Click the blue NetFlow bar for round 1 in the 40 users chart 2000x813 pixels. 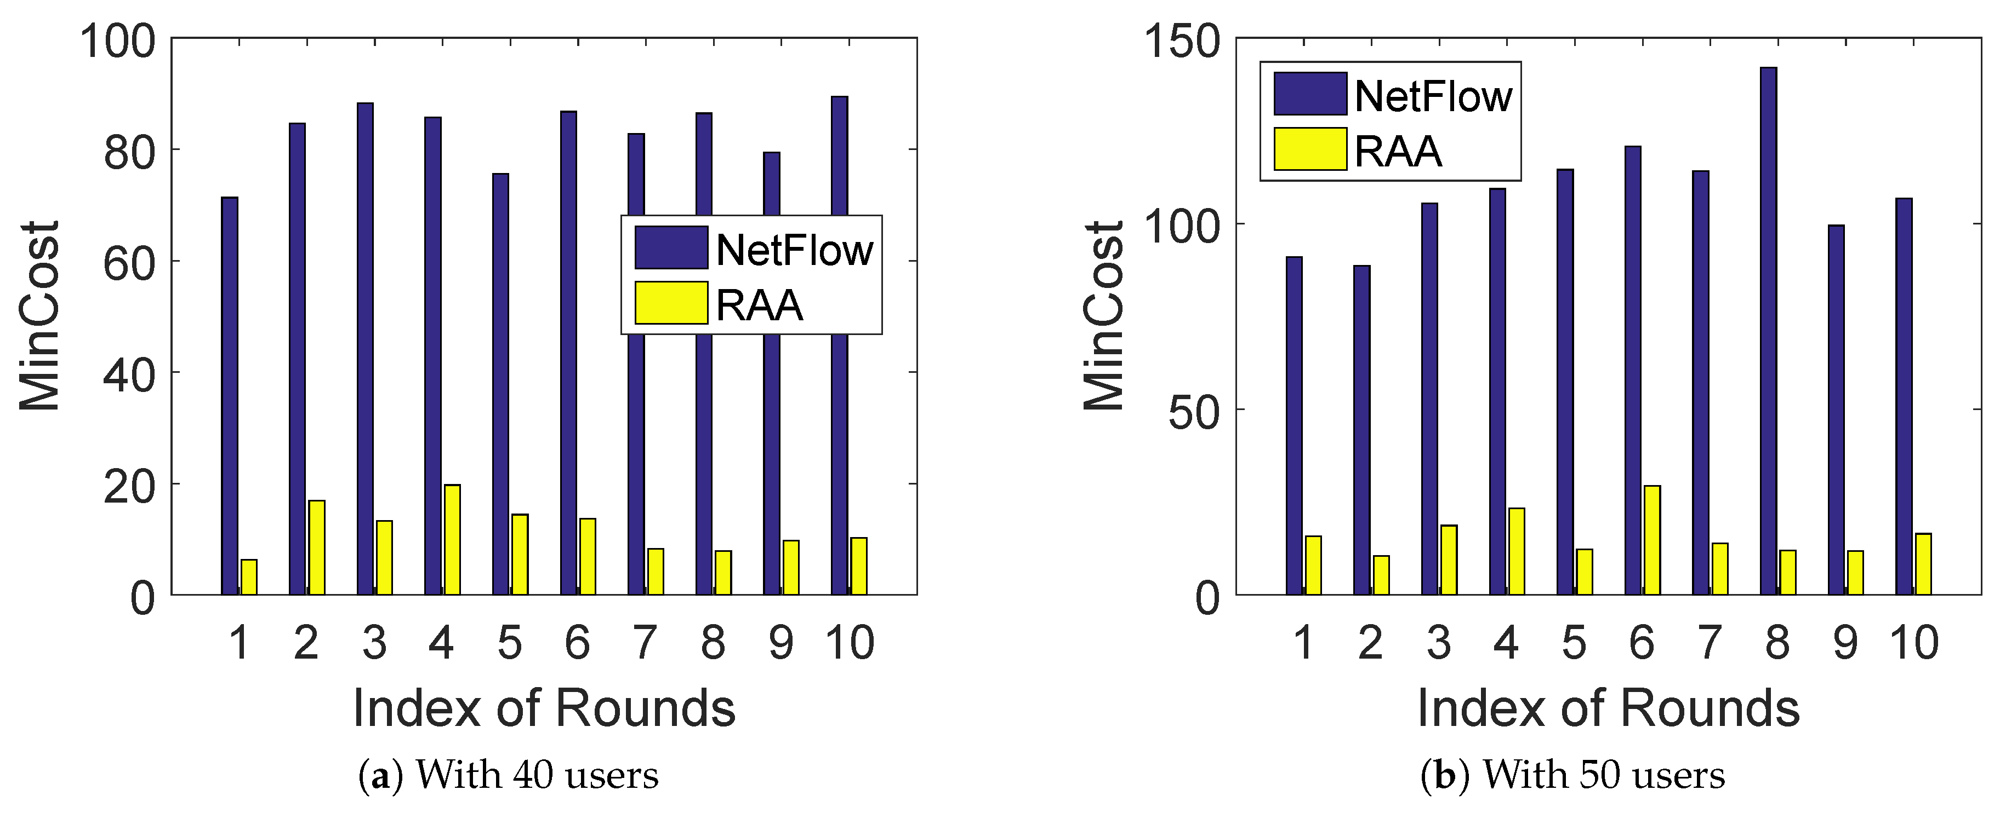click(x=229, y=396)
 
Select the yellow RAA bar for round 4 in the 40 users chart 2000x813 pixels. click(x=452, y=540)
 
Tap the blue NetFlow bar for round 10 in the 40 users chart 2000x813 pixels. click(x=839, y=155)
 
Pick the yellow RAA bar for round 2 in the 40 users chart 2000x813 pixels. click(x=317, y=547)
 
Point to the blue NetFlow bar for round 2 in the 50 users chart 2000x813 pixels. click(x=1362, y=430)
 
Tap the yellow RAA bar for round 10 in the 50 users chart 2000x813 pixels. click(x=1923, y=564)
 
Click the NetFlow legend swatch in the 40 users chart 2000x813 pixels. click(x=671, y=247)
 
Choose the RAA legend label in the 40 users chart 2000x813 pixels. click(x=759, y=305)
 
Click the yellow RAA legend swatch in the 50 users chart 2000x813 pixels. click(x=1310, y=149)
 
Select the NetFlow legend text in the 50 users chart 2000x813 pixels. click(x=1433, y=96)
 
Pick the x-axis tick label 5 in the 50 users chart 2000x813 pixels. click(x=1574, y=642)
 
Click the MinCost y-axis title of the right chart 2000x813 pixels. click(x=1103, y=316)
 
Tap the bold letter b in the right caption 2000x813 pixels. click(x=1444, y=775)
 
